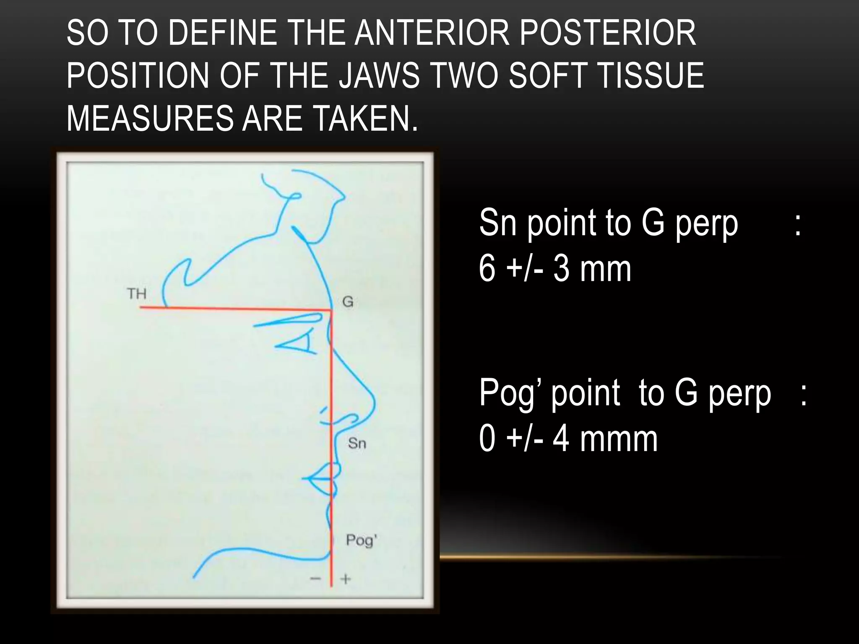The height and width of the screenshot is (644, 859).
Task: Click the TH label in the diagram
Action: [137, 294]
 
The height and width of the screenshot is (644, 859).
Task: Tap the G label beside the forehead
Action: [348, 301]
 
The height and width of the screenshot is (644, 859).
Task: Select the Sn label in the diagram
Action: [357, 443]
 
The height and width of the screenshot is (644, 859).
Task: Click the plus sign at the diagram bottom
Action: [345, 579]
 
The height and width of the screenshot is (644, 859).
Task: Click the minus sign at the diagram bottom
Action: [315, 579]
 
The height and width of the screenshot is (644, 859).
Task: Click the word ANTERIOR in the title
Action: [432, 33]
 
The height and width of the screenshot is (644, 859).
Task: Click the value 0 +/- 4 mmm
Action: [568, 439]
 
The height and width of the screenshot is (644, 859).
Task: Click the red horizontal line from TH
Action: [235, 309]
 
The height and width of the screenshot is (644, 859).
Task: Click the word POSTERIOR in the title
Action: [608, 33]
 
